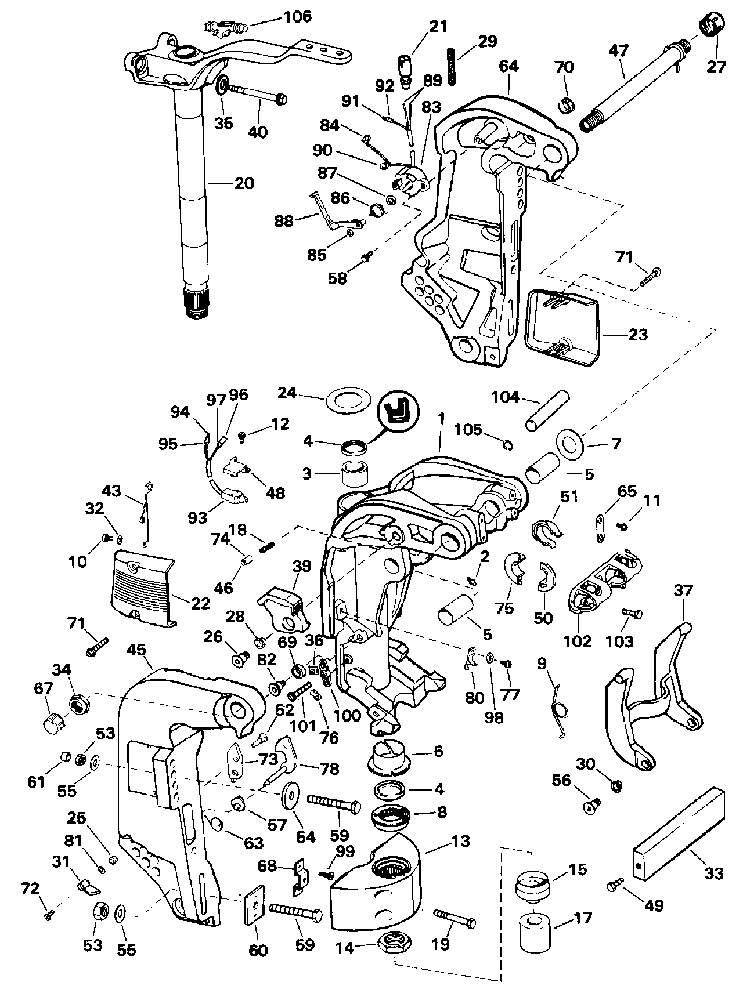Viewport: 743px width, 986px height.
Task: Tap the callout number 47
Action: coord(619,50)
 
